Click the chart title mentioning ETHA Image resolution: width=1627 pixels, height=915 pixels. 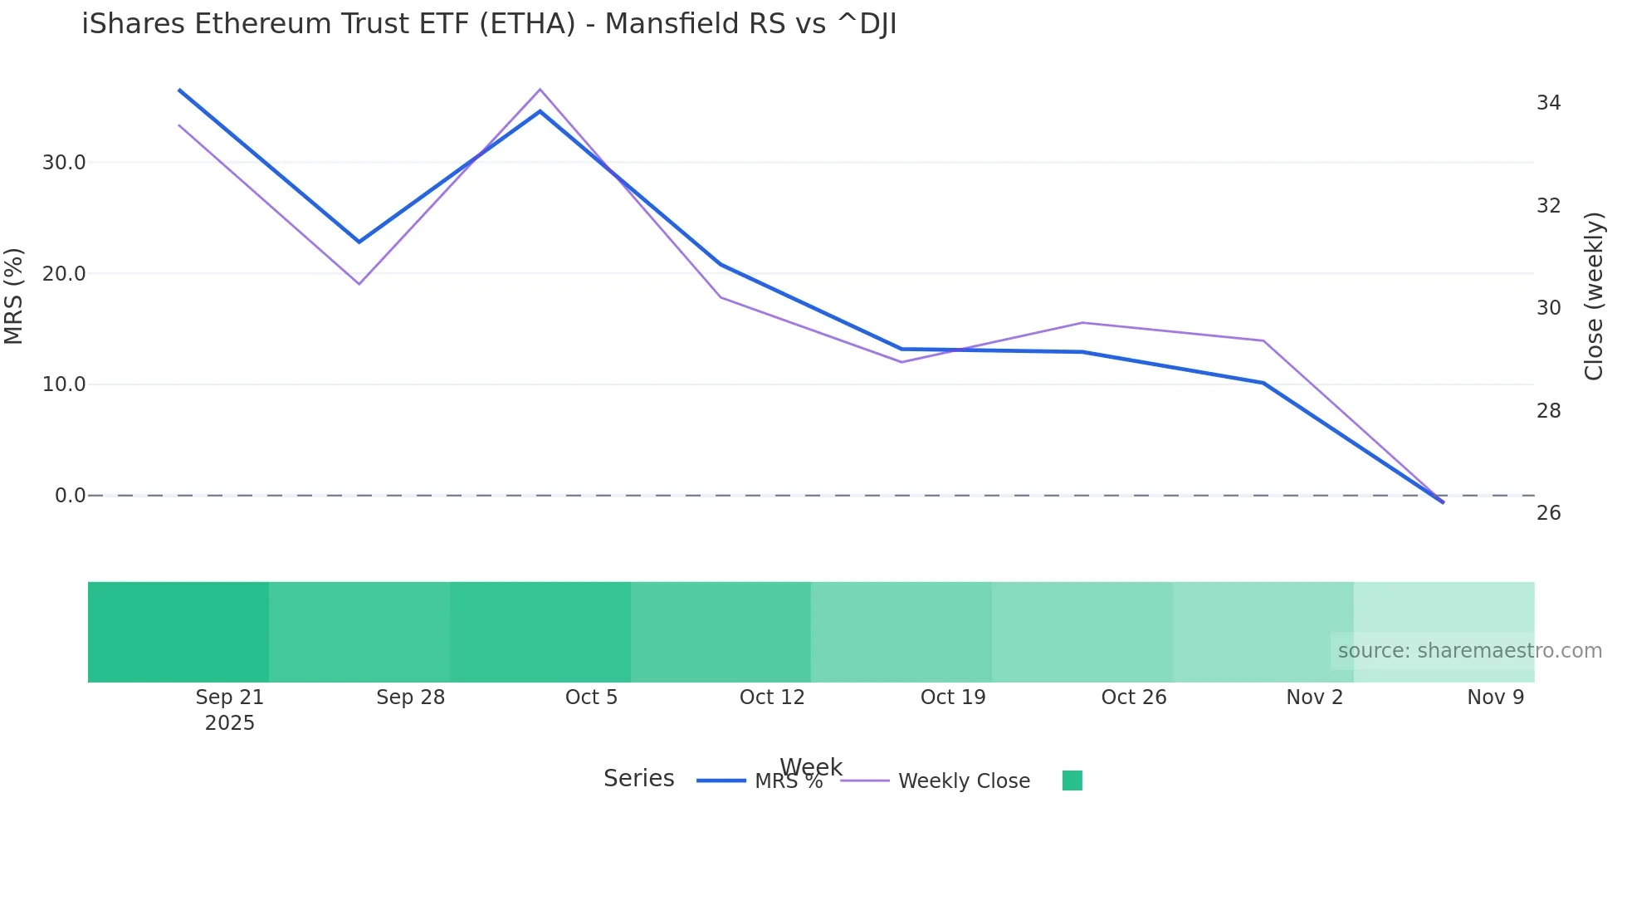(x=489, y=24)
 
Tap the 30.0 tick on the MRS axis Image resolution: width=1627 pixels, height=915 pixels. (x=64, y=163)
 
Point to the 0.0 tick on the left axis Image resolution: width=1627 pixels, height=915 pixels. (x=70, y=496)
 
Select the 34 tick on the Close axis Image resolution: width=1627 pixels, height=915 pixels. (x=1548, y=103)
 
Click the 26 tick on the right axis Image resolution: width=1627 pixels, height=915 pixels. (x=1548, y=513)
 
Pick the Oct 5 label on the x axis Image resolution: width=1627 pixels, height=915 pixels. (x=591, y=697)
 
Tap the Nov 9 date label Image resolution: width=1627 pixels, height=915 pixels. (x=1495, y=697)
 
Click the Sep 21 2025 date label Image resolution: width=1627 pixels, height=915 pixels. (x=229, y=710)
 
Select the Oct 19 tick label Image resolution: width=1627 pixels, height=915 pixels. (x=953, y=697)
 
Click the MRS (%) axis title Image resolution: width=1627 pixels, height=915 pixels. (x=14, y=296)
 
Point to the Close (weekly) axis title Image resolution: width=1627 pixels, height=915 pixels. (x=1594, y=296)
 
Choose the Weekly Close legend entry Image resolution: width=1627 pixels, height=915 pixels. (x=963, y=781)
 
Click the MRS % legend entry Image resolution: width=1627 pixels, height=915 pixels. (x=787, y=781)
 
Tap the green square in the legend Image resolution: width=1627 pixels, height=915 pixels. (x=1072, y=780)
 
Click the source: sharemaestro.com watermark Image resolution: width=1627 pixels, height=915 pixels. (x=1469, y=651)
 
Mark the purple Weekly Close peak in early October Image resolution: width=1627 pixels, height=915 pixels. (x=540, y=90)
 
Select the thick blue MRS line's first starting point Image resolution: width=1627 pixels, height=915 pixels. (x=179, y=90)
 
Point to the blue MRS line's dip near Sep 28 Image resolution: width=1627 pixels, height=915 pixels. (x=359, y=242)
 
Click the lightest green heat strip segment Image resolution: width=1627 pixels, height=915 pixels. (x=1444, y=614)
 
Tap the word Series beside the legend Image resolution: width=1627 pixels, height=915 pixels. (x=638, y=779)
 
